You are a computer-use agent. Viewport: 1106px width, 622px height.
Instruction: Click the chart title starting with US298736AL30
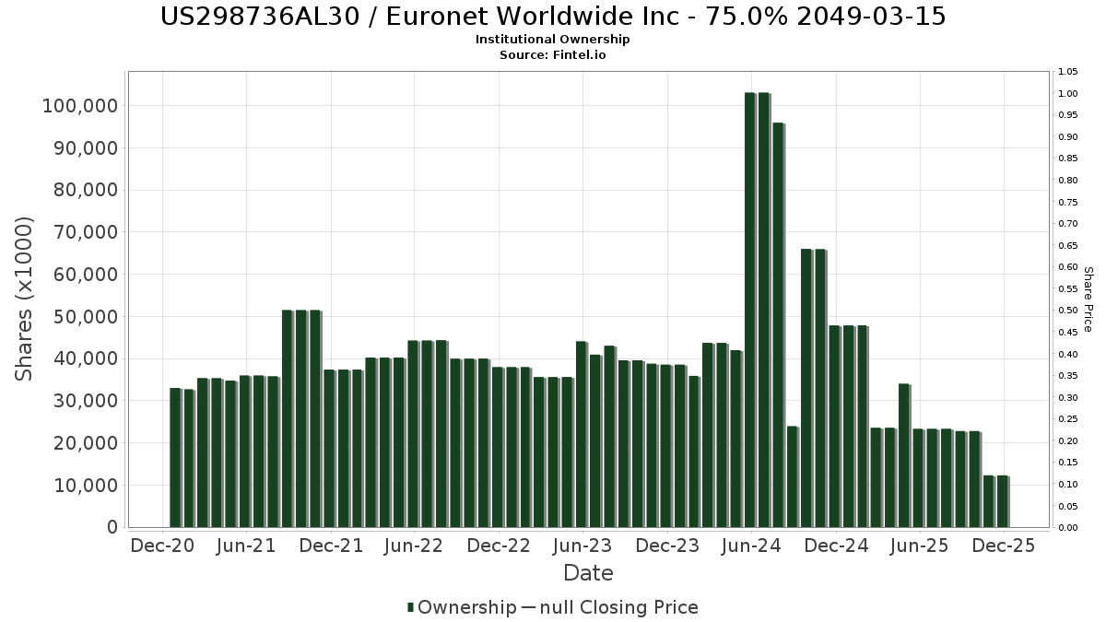[552, 17]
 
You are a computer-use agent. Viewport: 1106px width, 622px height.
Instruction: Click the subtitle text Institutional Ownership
[552, 40]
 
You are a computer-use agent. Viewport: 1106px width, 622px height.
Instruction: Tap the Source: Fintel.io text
[552, 55]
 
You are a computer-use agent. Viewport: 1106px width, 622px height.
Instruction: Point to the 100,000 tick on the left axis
[80, 106]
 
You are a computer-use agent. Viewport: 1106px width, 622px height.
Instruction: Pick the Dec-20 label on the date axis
[162, 546]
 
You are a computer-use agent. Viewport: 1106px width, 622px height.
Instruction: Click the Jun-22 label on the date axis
[415, 546]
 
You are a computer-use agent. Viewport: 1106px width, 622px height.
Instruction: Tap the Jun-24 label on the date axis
[751, 546]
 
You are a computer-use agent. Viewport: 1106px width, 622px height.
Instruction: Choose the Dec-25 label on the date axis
[1005, 546]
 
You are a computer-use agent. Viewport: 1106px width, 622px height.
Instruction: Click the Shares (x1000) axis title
[25, 299]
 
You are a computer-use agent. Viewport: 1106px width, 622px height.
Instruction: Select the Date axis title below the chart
[588, 573]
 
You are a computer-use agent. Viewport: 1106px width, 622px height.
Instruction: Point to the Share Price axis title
[1088, 299]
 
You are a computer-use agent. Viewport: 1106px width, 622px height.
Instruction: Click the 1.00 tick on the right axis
[1068, 94]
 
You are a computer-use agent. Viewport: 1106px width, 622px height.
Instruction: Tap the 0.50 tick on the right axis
[1068, 311]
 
